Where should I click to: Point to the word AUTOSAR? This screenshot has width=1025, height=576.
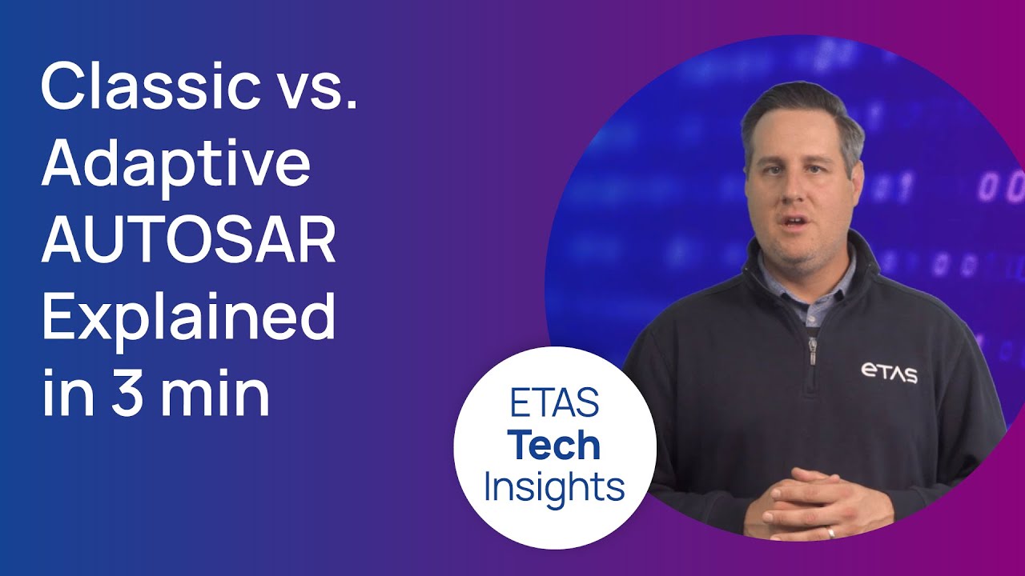[x=188, y=240]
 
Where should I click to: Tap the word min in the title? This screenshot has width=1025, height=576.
[x=214, y=394]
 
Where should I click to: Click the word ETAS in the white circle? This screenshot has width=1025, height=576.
[x=554, y=404]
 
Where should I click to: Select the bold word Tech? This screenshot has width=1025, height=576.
[x=554, y=446]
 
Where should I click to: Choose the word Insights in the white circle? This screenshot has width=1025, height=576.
[x=554, y=486]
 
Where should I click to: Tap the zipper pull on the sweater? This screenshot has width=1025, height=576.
[x=814, y=353]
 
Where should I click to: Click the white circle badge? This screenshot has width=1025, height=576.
[x=554, y=448]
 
